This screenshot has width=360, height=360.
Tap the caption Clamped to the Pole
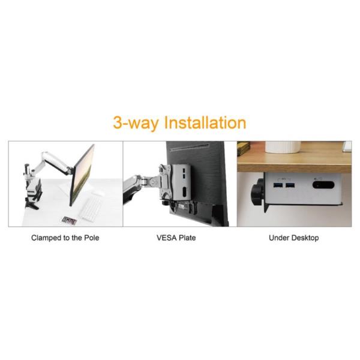click(65, 238)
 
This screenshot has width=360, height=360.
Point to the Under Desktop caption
click(294, 238)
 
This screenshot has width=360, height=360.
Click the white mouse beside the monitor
click(98, 193)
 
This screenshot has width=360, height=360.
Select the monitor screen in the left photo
click(82, 175)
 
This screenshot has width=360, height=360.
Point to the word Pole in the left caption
click(91, 238)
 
